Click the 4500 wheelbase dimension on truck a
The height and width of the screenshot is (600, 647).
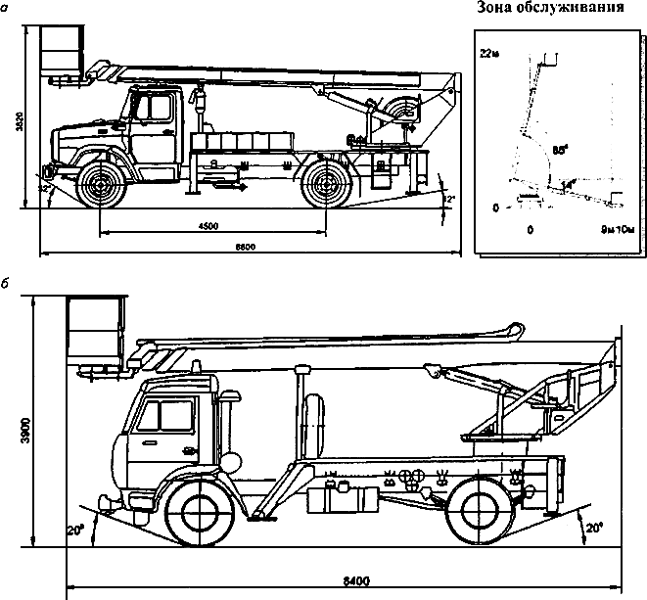[208, 226]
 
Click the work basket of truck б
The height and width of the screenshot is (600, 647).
[95, 329]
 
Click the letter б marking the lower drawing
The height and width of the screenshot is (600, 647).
[8, 281]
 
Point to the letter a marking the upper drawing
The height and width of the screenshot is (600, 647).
[8, 7]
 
